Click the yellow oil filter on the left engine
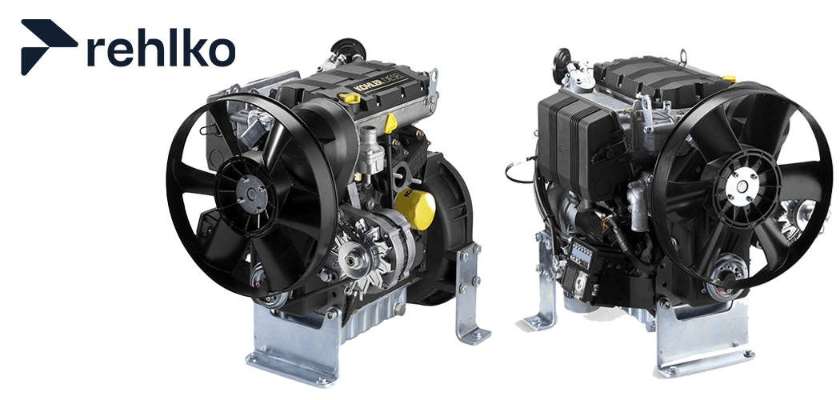point(414,210)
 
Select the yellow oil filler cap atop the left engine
point(350,98)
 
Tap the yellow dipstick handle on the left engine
point(391,122)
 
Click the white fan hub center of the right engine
point(742,186)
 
